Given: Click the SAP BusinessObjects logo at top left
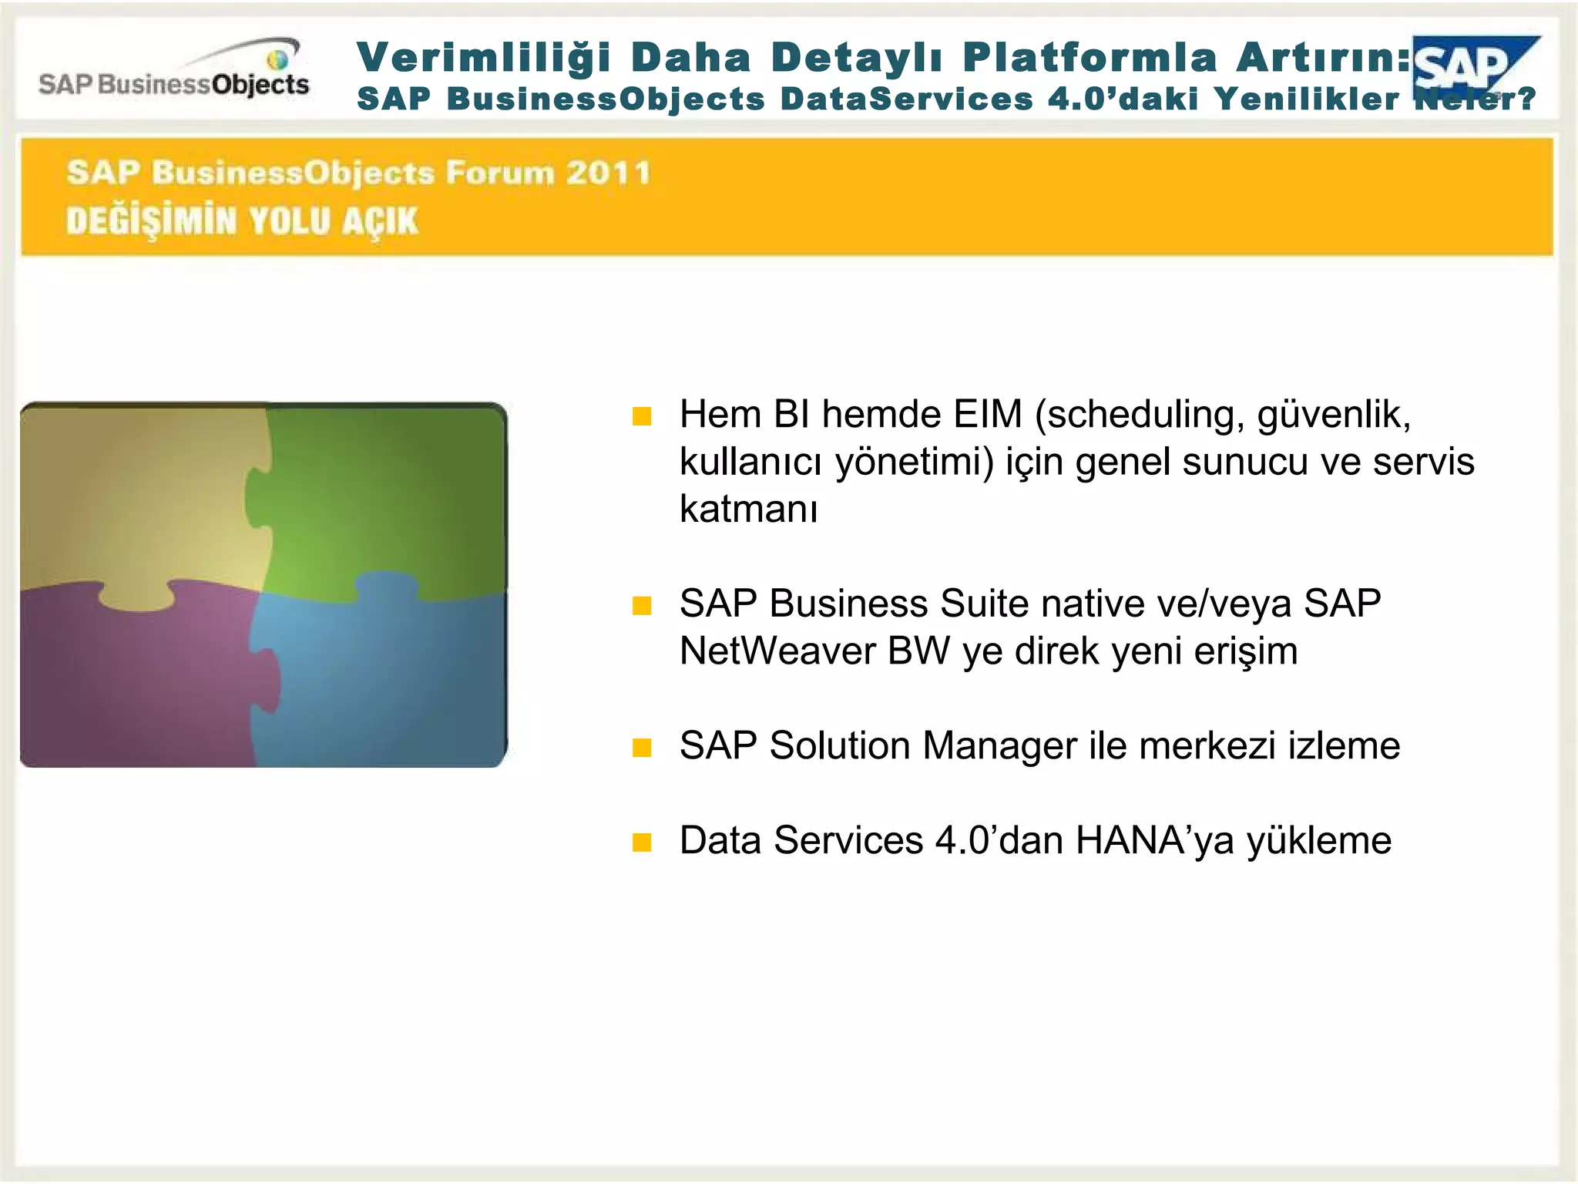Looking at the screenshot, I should coord(174,72).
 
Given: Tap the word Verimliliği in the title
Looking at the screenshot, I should coord(484,58).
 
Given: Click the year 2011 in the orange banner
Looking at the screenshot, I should coord(609,173).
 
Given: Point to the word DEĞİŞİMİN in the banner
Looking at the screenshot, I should coord(151,221).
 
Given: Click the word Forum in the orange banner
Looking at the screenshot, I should coord(500,173).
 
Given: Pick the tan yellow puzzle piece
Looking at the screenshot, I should coord(139,501).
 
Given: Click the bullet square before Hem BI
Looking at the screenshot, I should coord(642,416).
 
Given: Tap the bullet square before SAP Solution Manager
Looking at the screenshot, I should coord(642,747).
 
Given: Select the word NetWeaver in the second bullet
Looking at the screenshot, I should coord(777,651).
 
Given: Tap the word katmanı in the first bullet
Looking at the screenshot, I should coord(747,510).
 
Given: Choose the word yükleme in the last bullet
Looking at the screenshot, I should coord(1318,840).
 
